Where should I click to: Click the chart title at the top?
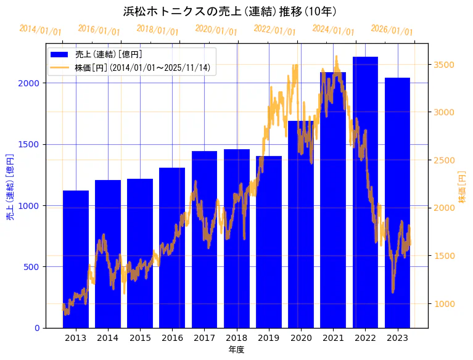[230, 12]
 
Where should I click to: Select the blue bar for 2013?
[76, 259]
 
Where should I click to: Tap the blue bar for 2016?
[172, 247]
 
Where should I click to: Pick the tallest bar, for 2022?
[365, 191]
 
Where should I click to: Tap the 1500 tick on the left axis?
[31, 144]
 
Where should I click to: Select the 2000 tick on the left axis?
[31, 83]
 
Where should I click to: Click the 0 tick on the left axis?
[36, 328]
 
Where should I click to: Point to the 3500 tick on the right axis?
[445, 65]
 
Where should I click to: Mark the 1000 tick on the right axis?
[445, 303]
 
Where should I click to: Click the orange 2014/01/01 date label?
[40, 30]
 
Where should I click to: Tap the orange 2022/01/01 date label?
[275, 30]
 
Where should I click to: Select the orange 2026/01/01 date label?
[392, 30]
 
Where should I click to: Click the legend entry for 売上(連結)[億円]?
[109, 55]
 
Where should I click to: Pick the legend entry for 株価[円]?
[146, 68]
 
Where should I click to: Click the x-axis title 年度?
[236, 350]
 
